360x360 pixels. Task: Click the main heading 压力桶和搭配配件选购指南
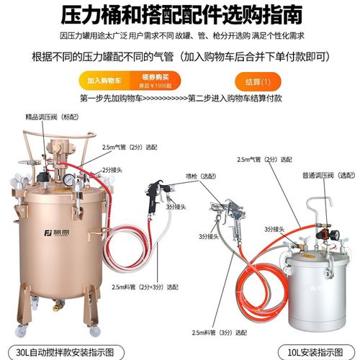[x=179, y=14]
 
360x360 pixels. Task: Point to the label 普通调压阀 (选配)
[x=318, y=175]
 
